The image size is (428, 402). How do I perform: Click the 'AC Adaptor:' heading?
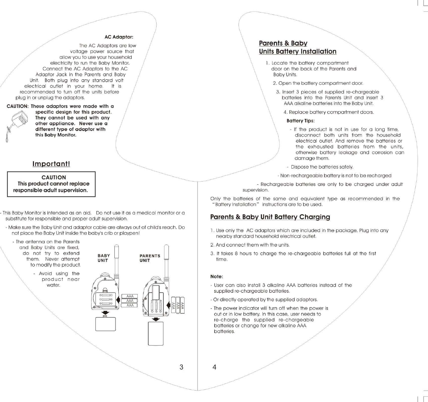tap(119, 37)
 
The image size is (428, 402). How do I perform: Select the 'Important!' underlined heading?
tap(51, 164)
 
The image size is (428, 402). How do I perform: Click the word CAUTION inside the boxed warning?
tap(54, 177)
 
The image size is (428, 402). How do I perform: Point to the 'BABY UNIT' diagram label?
tap(104, 258)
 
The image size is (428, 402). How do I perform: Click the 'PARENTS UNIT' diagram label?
tap(150, 258)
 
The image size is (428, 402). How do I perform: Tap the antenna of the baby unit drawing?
tap(116, 259)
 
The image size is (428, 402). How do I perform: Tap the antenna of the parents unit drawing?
tap(166, 259)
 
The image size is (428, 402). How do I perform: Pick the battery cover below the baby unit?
tap(105, 324)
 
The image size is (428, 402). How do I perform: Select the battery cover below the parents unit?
tap(156, 333)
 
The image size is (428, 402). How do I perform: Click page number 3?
tap(181, 367)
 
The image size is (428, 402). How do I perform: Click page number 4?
tap(214, 367)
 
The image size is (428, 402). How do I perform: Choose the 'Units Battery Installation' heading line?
tap(297, 51)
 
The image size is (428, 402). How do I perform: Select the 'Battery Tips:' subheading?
tap(300, 121)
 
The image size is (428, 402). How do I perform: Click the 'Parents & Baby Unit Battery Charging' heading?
tap(270, 217)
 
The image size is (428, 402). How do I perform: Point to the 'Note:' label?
tap(217, 277)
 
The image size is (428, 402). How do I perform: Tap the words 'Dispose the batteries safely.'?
tap(322, 167)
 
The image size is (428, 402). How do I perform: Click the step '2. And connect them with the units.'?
tap(250, 245)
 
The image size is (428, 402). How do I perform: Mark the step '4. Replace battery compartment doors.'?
tap(329, 112)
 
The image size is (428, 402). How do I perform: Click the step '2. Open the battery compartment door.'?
tap(318, 83)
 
